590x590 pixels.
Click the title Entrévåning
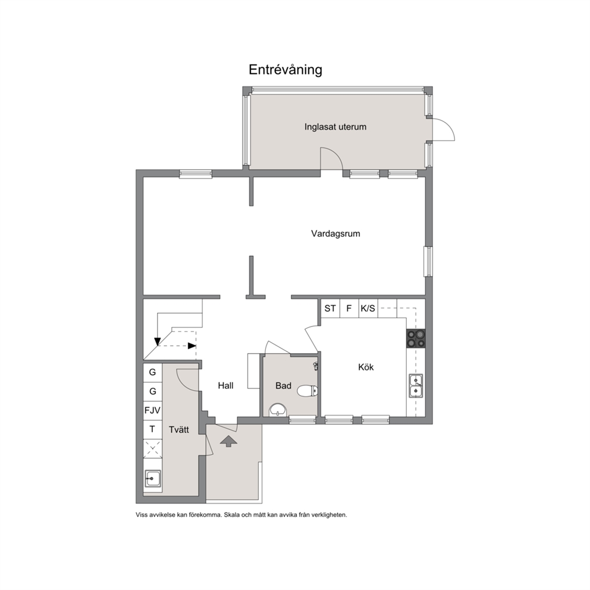[285, 70]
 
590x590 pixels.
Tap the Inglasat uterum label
[335, 127]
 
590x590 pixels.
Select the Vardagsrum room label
[335, 234]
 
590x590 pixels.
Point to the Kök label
[366, 367]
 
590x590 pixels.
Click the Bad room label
[283, 385]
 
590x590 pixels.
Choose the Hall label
[225, 385]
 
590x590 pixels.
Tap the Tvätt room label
[179, 429]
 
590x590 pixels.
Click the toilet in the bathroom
[307, 391]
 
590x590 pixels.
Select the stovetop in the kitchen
[416, 338]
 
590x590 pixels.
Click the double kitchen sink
[416, 385]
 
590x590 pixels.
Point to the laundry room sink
[152, 478]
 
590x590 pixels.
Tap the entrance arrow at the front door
[228, 441]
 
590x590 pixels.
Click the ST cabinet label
[330, 309]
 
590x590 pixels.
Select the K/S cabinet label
[368, 309]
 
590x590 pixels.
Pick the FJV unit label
[152, 410]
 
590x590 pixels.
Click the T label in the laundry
[152, 429]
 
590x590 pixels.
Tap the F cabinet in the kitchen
[349, 309]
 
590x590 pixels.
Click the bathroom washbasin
[278, 409]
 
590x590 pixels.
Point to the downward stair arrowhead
[157, 341]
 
